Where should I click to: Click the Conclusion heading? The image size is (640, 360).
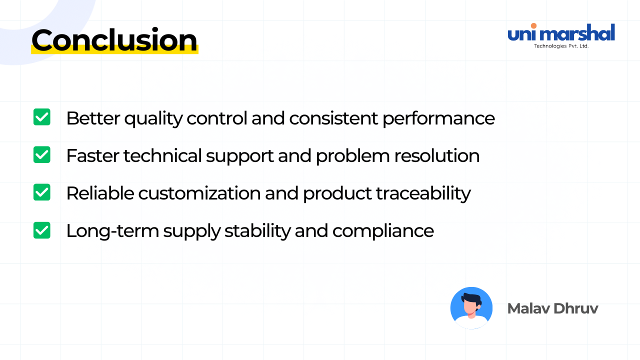[x=114, y=40]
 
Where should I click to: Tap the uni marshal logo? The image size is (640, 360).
[x=561, y=35]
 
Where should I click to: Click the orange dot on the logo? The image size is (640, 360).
[x=533, y=25]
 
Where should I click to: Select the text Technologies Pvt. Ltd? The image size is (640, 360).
[x=561, y=46]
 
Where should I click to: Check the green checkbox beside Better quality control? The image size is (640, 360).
[x=41, y=117]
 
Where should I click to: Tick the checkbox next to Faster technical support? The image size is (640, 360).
[x=41, y=154]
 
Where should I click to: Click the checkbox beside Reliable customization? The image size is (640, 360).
[x=41, y=192]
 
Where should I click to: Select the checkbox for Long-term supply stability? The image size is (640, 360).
[x=41, y=230]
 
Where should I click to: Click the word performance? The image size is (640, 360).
[x=438, y=119]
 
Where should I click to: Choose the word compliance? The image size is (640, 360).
[x=383, y=231]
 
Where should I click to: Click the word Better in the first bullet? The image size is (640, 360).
[x=93, y=118]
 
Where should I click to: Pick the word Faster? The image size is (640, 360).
[x=93, y=156]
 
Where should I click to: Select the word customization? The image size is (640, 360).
[x=199, y=193]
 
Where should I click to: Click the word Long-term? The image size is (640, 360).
[x=112, y=231]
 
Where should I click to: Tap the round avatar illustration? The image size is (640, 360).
[x=471, y=308]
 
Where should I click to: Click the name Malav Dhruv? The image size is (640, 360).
[x=552, y=308]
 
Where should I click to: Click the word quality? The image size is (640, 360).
[x=153, y=119]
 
